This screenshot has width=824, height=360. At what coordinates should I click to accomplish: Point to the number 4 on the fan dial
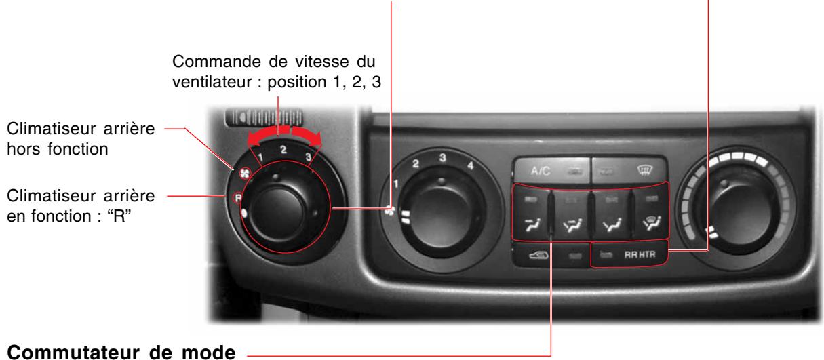[x=471, y=165]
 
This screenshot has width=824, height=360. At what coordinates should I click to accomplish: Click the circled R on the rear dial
[x=238, y=198]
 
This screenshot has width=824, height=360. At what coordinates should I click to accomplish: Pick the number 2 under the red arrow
[x=283, y=147]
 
